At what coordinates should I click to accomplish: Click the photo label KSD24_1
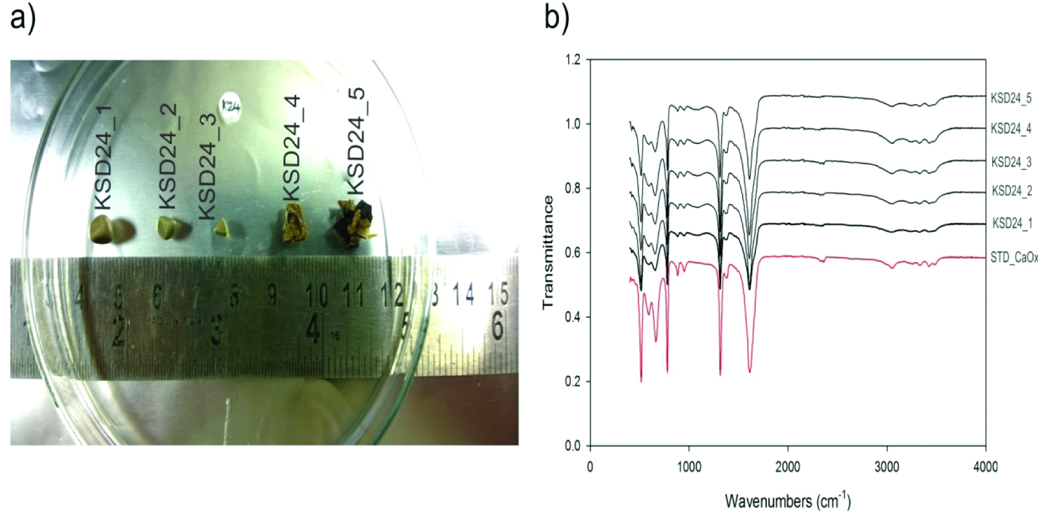coord(103,157)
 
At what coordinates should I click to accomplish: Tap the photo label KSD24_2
coord(168,156)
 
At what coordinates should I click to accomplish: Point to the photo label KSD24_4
coord(291,147)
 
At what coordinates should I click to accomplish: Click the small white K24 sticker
coord(230,108)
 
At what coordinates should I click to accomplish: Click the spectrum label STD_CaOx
coord(1013,258)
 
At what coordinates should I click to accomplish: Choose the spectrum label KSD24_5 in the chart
coord(1011,98)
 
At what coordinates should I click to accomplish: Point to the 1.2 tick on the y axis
coord(573,60)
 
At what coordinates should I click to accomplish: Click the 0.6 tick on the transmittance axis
coord(573,253)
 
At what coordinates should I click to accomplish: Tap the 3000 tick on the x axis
coord(887,467)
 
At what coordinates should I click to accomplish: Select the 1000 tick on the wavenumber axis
coord(689,467)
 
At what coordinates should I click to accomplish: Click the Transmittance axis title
coord(548,252)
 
